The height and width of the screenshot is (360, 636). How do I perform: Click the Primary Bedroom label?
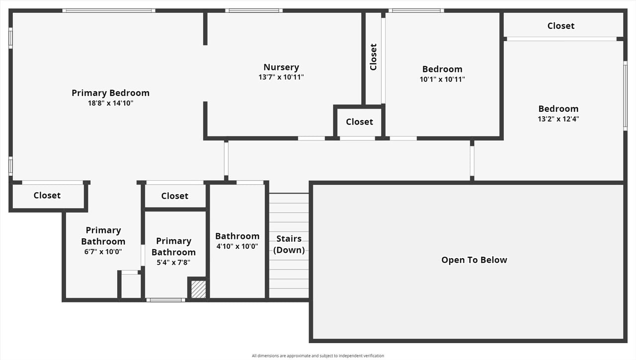click(110, 93)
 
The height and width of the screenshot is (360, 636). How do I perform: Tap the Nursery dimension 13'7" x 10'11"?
click(281, 77)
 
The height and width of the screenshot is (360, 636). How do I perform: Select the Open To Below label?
click(474, 260)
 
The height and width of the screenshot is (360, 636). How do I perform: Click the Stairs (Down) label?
click(289, 244)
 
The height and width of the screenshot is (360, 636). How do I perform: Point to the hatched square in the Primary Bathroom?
click(198, 289)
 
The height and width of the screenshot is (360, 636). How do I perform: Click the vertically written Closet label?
click(373, 57)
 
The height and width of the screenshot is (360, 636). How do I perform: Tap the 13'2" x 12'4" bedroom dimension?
click(558, 119)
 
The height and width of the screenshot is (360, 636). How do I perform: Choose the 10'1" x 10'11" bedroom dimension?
click(442, 79)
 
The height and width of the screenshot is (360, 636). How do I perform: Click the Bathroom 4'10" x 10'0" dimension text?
click(237, 246)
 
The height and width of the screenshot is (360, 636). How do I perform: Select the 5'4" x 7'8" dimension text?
click(173, 262)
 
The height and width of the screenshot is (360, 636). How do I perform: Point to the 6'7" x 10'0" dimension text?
click(103, 252)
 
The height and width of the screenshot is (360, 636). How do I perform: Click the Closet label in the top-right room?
click(561, 26)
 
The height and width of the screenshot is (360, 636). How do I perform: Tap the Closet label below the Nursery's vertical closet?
click(359, 122)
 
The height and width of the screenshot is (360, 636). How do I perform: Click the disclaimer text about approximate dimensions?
click(318, 356)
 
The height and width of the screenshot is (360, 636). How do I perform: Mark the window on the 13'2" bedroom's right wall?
click(625, 96)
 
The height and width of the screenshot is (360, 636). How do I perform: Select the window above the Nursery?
click(254, 11)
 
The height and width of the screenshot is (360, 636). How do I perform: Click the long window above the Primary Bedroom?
click(109, 11)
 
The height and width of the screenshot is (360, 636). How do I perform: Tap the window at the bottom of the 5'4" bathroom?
click(166, 300)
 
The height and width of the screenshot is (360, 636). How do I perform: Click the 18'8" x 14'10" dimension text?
click(110, 103)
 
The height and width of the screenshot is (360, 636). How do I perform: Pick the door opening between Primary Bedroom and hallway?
click(226, 159)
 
